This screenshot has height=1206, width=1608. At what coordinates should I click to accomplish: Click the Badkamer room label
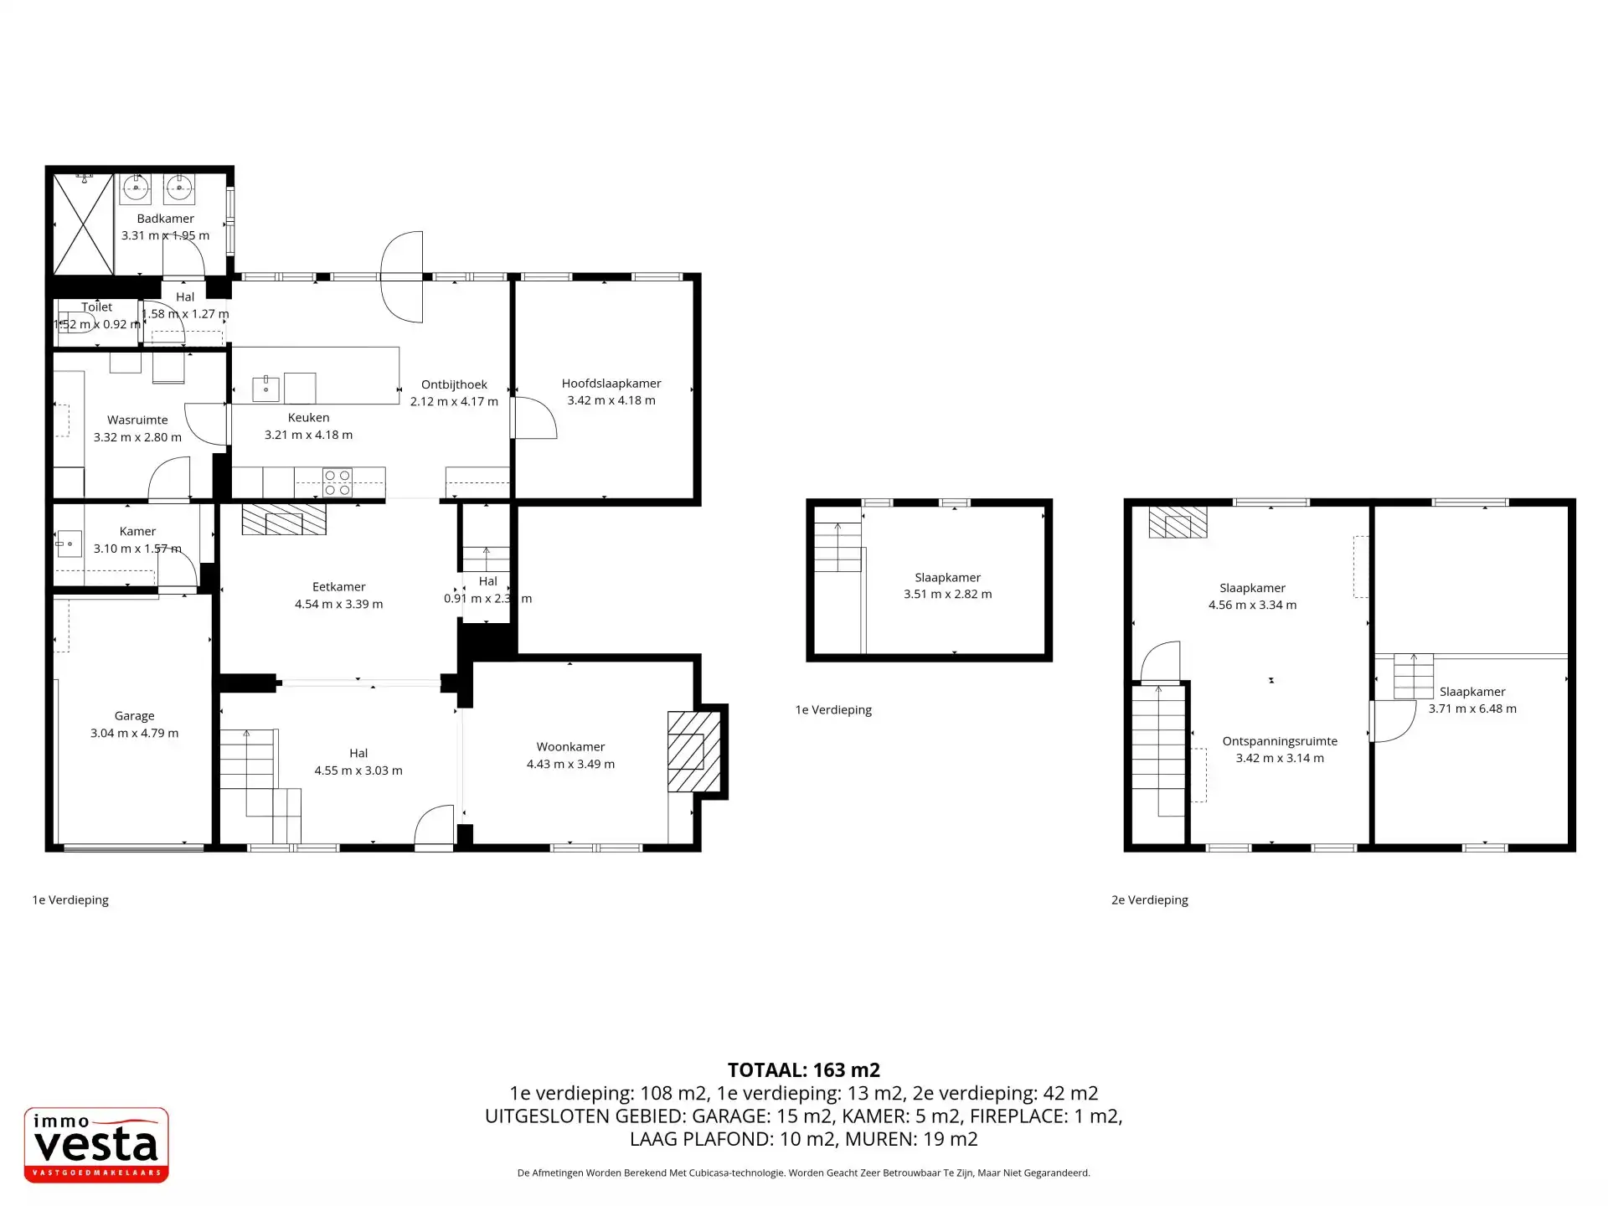coord(165,219)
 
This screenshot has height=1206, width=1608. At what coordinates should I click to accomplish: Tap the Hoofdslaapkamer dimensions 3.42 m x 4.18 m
coord(611,400)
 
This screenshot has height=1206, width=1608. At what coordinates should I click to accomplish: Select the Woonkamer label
coord(570,747)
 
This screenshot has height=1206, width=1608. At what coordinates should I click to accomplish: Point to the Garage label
coord(134,716)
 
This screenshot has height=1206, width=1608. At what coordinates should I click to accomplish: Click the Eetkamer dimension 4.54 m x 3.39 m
coord(338,604)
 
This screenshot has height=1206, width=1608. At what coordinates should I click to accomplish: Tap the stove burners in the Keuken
coord(338,482)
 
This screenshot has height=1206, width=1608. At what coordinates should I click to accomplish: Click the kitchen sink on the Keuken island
coord(265,389)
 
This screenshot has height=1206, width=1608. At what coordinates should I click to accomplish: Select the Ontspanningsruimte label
coord(1279,741)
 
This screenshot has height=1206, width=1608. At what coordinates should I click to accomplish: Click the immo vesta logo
coord(96,1145)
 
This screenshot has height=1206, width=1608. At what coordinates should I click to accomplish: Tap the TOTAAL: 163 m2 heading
coord(803,1069)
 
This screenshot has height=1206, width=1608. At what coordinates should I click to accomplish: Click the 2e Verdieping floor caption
coord(1149,900)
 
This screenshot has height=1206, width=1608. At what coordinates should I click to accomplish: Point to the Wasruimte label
coord(137,420)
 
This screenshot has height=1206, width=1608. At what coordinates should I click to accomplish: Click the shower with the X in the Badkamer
coord(83,224)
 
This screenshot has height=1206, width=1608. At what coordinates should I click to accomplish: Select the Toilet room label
coord(96,307)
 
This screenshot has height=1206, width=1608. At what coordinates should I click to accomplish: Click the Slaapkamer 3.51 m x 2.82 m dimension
coord(947,595)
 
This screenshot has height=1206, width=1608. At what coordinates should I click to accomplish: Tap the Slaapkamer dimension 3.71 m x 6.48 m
coord(1471,709)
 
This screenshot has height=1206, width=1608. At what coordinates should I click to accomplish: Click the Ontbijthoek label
coord(454,385)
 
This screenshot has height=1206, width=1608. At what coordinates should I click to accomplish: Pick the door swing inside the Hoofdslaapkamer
coord(536,418)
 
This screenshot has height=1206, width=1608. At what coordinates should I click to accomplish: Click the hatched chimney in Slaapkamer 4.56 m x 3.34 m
coord(1178,523)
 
